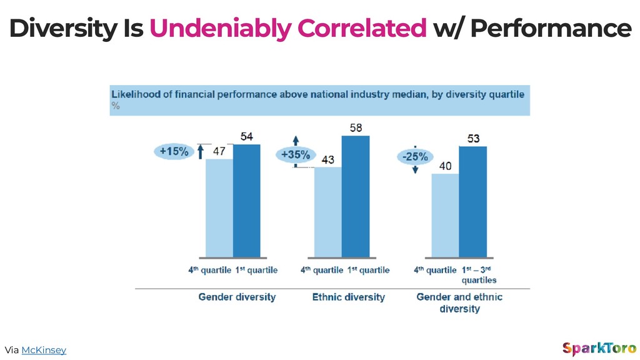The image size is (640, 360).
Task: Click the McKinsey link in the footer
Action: (44, 350)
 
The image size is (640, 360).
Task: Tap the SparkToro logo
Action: (599, 349)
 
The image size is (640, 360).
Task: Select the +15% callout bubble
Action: (174, 151)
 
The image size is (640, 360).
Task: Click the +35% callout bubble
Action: (296, 155)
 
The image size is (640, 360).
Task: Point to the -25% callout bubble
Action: (415, 157)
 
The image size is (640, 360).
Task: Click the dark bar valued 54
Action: (246, 201)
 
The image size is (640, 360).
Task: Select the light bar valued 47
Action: (219, 208)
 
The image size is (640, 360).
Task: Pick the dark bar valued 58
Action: (356, 196)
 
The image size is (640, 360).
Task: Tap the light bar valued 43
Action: (327, 212)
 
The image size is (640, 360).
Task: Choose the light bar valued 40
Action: (445, 216)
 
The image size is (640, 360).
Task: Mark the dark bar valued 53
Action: (473, 202)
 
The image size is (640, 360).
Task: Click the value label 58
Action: (356, 127)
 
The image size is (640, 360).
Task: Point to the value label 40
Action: (445, 166)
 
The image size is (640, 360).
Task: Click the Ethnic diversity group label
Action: (349, 297)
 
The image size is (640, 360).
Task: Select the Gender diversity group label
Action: (237, 297)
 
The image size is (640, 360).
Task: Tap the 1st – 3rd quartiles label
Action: (479, 275)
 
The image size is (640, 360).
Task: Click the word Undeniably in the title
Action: (220, 29)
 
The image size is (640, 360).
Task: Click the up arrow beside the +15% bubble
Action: (201, 152)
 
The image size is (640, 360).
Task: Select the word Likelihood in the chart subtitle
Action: (136, 94)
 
